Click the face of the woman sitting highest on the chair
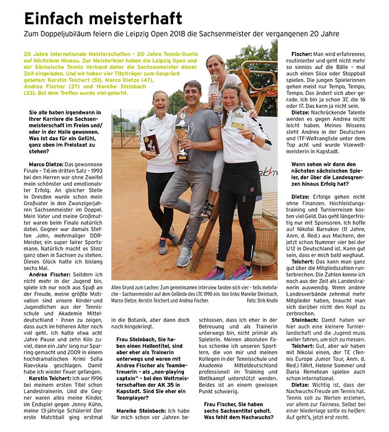click(x=215, y=65)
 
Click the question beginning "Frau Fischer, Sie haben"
click(x=237, y=404)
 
